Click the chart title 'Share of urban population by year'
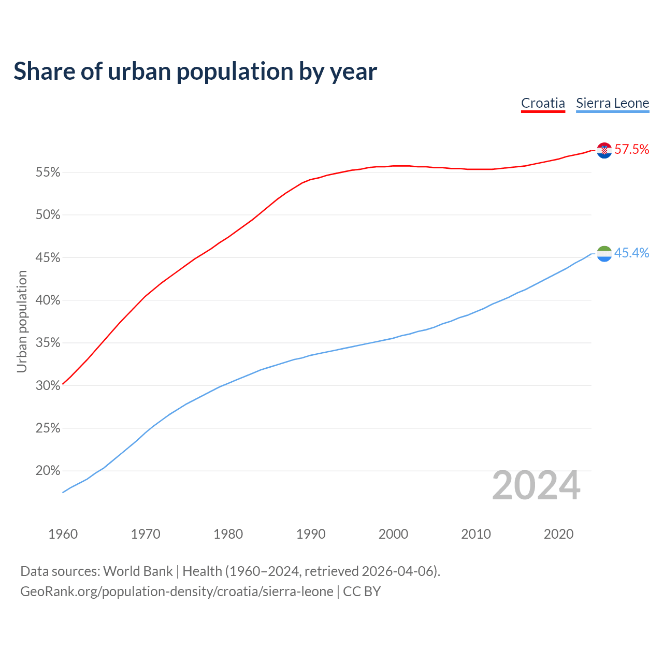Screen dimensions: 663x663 pyautogui.click(x=195, y=71)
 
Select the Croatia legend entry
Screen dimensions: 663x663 pyautogui.click(x=543, y=103)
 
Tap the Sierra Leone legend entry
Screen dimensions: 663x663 pyautogui.click(x=612, y=103)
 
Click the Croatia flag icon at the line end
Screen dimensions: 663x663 pyautogui.click(x=604, y=150)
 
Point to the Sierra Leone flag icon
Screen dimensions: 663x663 pyautogui.click(x=604, y=254)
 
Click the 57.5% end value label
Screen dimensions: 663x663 pyautogui.click(x=631, y=150)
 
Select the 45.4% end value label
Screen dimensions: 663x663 pyautogui.click(x=631, y=253)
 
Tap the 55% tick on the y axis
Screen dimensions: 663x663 pyautogui.click(x=48, y=172)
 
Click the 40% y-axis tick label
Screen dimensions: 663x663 pyautogui.click(x=48, y=300)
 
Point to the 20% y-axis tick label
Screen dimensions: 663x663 pyautogui.click(x=48, y=471)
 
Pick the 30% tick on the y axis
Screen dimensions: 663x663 pyautogui.click(x=48, y=386)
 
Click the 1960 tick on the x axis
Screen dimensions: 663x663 pyautogui.click(x=63, y=534)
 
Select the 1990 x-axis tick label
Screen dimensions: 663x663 pyautogui.click(x=311, y=534)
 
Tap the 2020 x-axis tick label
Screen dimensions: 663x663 pyautogui.click(x=558, y=534)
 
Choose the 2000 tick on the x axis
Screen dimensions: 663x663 pyautogui.click(x=393, y=534)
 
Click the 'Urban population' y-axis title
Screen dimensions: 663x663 pyautogui.click(x=22, y=322)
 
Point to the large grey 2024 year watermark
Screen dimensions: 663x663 pyautogui.click(x=536, y=485)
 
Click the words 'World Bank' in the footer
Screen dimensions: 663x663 pyautogui.click(x=138, y=571)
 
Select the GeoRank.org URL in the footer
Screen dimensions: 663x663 pyautogui.click(x=177, y=592)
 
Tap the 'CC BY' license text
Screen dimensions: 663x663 pyautogui.click(x=362, y=592)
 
